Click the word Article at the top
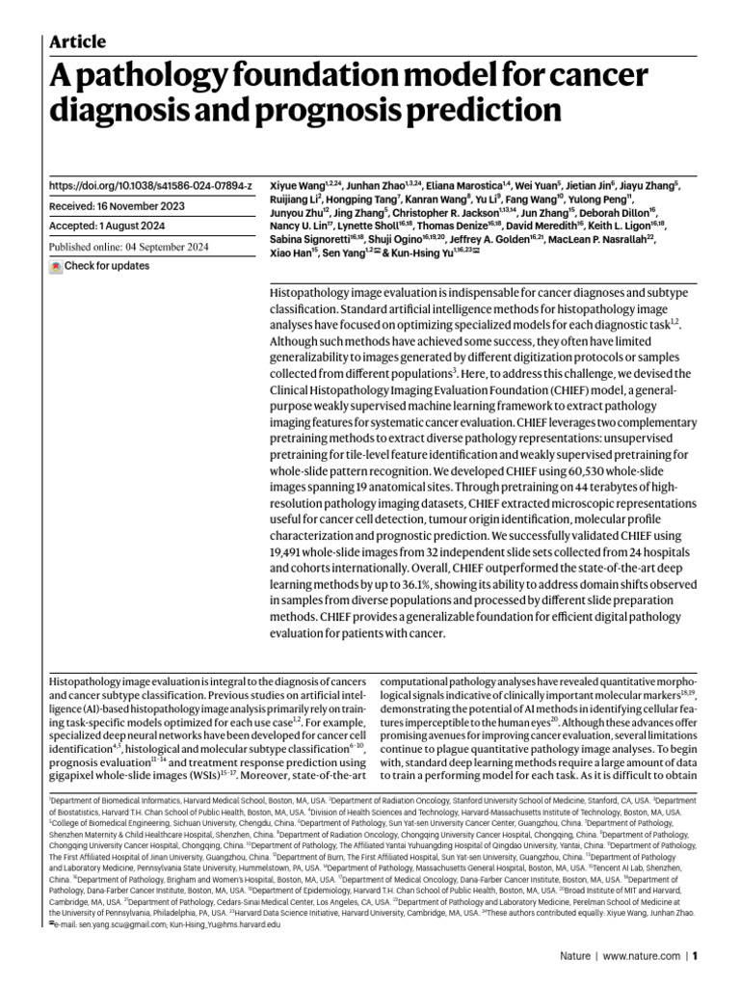click(77, 41)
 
